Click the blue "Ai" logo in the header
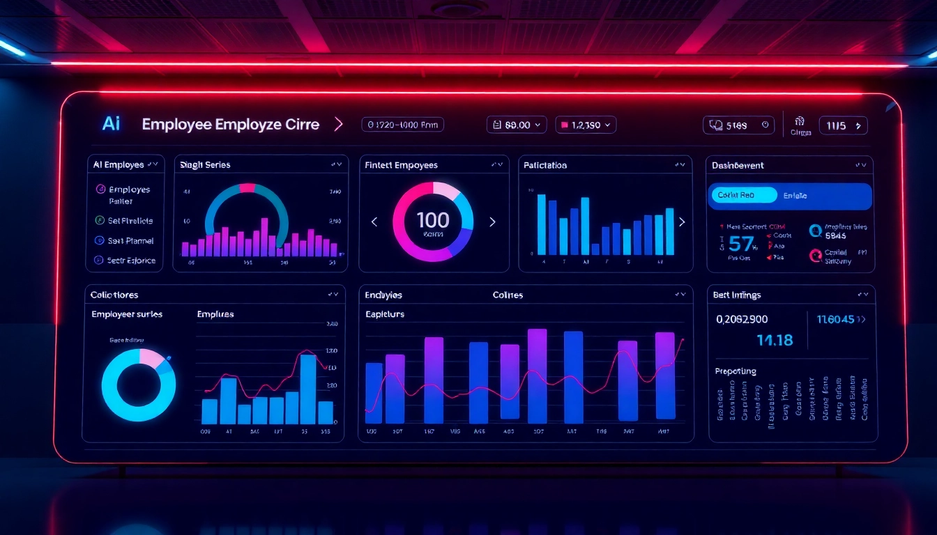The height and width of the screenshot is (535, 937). point(111,124)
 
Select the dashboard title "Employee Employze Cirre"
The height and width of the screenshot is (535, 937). point(230,125)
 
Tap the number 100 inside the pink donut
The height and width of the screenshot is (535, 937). point(433,220)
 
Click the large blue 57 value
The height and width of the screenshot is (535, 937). point(741,243)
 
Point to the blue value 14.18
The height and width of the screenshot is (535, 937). point(775,340)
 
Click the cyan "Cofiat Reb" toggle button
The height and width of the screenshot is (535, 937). point(743,195)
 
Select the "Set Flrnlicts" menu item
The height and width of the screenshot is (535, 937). point(130,221)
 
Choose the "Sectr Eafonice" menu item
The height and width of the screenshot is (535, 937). point(131,261)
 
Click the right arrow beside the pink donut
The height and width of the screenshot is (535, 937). point(492,222)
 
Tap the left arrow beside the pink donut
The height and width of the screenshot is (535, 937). point(374,222)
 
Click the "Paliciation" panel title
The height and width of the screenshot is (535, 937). point(545,165)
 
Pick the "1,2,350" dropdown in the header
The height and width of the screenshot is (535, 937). point(586,125)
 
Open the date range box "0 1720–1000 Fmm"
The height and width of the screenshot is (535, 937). point(402,125)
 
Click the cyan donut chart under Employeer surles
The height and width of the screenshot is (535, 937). point(139,385)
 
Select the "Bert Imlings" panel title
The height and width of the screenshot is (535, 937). point(737,295)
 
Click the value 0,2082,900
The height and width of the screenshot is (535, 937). point(742,319)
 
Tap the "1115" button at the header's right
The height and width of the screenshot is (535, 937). point(843,125)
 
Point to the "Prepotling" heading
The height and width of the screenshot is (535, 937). point(736,371)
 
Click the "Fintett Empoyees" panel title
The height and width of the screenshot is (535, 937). point(401,165)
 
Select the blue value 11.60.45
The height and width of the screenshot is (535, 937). point(835,319)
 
